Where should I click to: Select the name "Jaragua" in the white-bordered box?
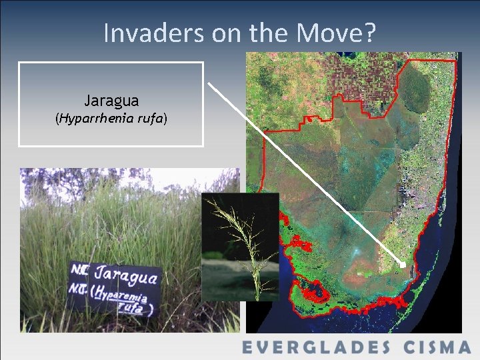point(111,101)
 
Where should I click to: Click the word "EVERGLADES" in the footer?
point(317,347)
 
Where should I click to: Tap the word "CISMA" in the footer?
point(437,347)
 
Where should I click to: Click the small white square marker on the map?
point(402,265)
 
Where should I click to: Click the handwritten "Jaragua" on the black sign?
point(127,275)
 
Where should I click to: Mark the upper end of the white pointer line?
point(209,83)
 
